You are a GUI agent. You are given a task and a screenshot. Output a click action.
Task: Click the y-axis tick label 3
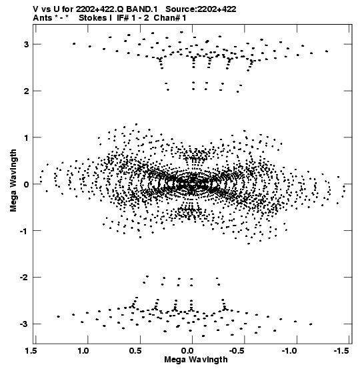[26, 44]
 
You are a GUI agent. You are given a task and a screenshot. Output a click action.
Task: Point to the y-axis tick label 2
[26, 91]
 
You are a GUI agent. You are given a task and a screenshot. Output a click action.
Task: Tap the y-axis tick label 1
[27, 137]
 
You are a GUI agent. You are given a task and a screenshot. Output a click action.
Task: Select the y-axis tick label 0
[26, 184]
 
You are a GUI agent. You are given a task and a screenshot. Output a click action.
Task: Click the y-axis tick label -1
[24, 231]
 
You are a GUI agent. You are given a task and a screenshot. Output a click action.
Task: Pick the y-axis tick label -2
[24, 277]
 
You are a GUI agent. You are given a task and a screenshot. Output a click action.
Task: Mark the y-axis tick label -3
[24, 324]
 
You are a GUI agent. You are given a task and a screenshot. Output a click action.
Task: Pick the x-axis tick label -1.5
[341, 350]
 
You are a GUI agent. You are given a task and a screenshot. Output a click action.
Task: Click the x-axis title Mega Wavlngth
[196, 360]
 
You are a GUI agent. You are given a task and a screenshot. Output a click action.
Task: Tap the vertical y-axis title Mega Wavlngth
[13, 181]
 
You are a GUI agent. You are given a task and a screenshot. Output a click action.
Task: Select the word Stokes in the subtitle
[93, 18]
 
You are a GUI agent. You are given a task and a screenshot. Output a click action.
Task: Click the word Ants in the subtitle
[43, 18]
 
